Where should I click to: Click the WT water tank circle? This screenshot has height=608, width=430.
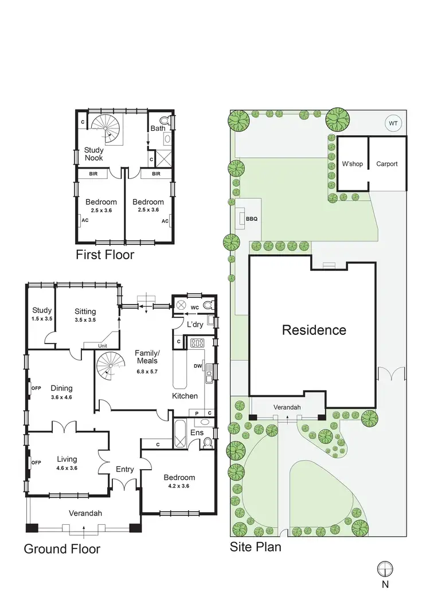pyautogui.click(x=393, y=123)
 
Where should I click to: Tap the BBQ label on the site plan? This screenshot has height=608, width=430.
pyautogui.click(x=251, y=219)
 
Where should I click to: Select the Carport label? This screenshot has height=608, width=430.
pyautogui.click(x=386, y=164)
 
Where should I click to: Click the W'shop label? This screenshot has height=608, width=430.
pyautogui.click(x=352, y=164)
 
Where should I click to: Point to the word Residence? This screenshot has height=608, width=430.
pyautogui.click(x=314, y=330)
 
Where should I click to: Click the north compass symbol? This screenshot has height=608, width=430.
pyautogui.click(x=385, y=568)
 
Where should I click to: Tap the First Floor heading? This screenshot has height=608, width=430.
pyautogui.click(x=105, y=255)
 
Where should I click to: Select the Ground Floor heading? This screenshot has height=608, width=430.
pyautogui.click(x=62, y=549)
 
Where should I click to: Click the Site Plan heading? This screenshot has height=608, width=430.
pyautogui.click(x=256, y=547)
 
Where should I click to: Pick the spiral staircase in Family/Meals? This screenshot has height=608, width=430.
pyautogui.click(x=109, y=365)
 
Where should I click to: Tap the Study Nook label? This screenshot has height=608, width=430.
pyautogui.click(x=94, y=154)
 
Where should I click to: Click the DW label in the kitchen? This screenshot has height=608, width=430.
pyautogui.click(x=197, y=365)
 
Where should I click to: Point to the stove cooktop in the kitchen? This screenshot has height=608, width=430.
pyautogui.click(x=197, y=343)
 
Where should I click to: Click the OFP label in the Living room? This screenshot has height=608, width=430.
pyautogui.click(x=36, y=463)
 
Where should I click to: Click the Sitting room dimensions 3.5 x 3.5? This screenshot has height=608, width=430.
pyautogui.click(x=85, y=320)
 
